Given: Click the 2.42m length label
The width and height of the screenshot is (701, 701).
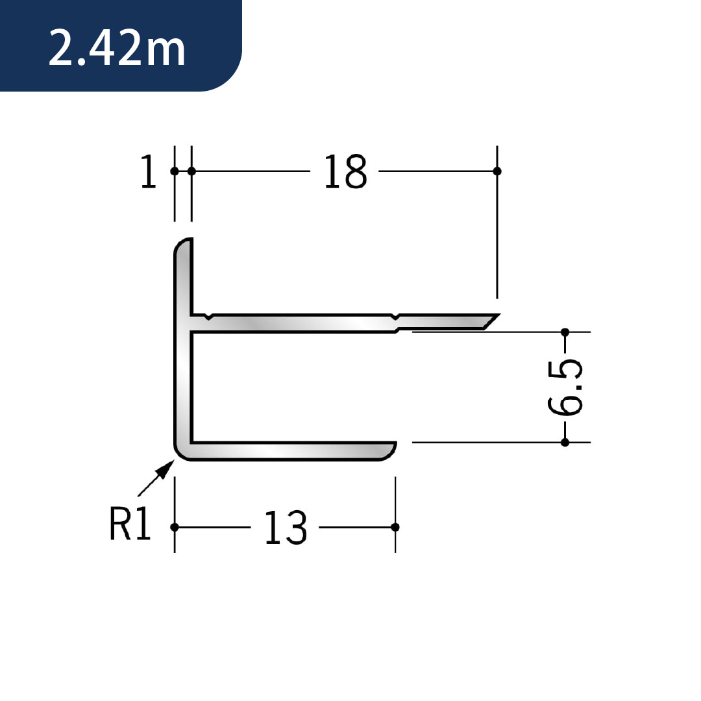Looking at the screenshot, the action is pyautogui.click(x=117, y=47).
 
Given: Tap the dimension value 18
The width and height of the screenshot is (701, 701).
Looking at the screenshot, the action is pyautogui.click(x=345, y=171).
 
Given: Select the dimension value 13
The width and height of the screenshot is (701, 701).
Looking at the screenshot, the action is pyautogui.click(x=286, y=528).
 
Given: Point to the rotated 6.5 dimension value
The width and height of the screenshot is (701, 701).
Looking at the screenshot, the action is pyautogui.click(x=565, y=387).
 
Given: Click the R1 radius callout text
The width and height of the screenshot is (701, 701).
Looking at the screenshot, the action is pyautogui.click(x=130, y=524).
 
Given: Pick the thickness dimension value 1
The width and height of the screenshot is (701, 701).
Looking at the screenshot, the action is pyautogui.click(x=149, y=171).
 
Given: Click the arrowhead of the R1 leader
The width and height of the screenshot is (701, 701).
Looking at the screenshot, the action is pyautogui.click(x=167, y=467).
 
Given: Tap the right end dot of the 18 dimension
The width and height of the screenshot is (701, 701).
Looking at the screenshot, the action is pyautogui.click(x=497, y=171).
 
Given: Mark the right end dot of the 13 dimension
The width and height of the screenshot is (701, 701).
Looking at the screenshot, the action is pyautogui.click(x=395, y=528).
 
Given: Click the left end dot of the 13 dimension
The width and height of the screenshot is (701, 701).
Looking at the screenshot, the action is pyautogui.click(x=175, y=528).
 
